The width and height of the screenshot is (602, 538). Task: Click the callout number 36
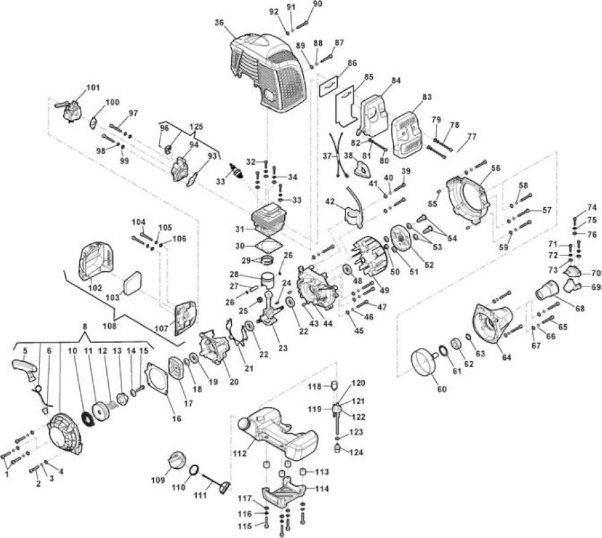[x=219, y=23]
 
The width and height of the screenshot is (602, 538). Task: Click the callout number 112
[x=240, y=453]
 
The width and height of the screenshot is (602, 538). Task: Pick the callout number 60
[x=442, y=389]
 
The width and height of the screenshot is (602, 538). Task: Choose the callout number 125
[x=196, y=126]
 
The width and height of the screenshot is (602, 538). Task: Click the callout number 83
[x=427, y=97]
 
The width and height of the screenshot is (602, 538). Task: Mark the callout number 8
[x=85, y=326]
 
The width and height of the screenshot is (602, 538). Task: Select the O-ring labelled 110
[x=195, y=471]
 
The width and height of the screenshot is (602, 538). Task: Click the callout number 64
[x=507, y=357]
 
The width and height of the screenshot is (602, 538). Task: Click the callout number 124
[x=356, y=453]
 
